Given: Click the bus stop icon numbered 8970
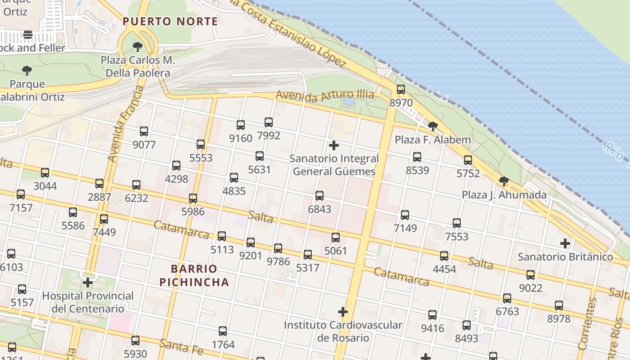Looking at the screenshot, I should tap(400, 89).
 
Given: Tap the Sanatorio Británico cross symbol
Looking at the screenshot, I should tap(565, 243).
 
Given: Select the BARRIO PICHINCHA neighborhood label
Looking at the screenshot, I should tap(200, 275).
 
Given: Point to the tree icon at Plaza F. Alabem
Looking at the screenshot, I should tap(432, 126).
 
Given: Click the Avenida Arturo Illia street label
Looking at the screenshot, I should tap(325, 95).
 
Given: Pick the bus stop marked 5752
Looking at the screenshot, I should tap(468, 160).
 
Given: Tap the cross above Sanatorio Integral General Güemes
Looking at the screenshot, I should tap(333, 145).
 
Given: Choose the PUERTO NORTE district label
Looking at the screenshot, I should tap(170, 21).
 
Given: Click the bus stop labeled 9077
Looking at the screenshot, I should tap(144, 131).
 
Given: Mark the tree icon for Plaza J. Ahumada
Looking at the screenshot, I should tap(504, 181).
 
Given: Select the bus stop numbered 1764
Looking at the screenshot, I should tap(223, 331).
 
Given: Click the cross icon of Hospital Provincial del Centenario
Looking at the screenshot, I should tap(88, 283).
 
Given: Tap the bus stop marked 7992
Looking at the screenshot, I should tap(269, 122).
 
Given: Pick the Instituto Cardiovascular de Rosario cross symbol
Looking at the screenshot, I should tap(343, 311).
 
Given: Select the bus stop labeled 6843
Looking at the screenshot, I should tap(319, 196).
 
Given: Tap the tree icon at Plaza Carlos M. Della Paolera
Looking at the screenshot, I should tap(138, 46).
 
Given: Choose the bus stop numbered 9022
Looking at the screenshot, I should tap(531, 274).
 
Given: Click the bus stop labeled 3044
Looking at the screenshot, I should tap(45, 172).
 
